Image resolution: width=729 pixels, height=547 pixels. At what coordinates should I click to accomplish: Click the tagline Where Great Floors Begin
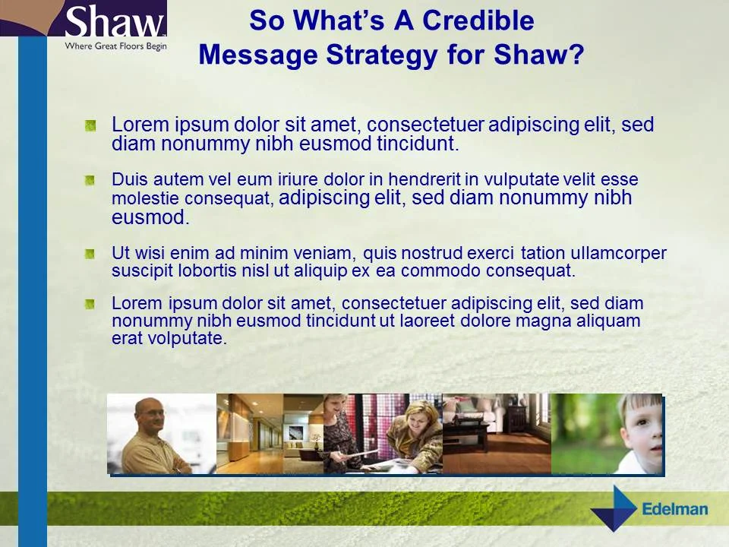(x=115, y=46)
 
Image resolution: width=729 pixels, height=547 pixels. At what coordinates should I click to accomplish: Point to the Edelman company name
(x=674, y=509)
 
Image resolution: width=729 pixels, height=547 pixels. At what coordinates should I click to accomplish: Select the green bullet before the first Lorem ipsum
(x=90, y=125)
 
